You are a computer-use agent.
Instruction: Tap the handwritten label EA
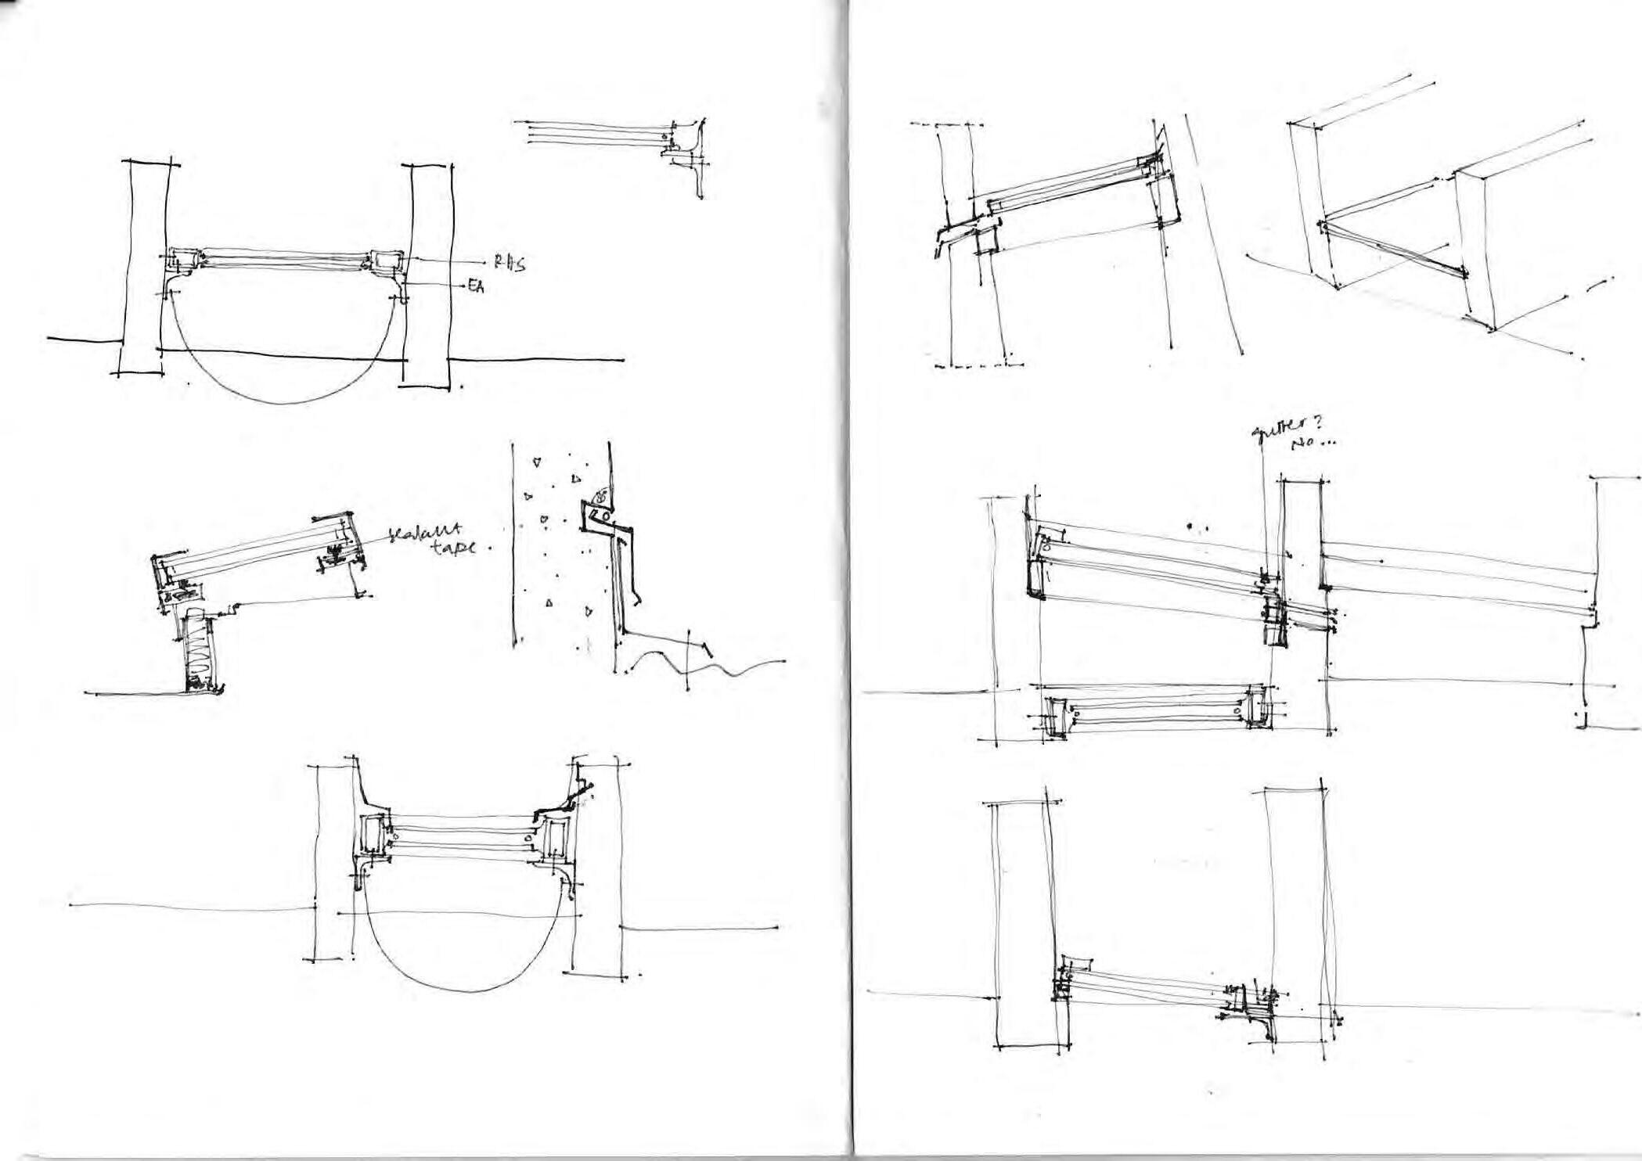coord(476,287)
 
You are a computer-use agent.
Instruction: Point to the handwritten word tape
coord(453,548)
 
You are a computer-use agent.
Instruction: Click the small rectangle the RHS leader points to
coord(384,259)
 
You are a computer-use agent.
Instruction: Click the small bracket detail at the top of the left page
coord(681,153)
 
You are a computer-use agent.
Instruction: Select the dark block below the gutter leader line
coord(1276,622)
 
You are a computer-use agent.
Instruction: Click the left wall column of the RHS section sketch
coord(143,266)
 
